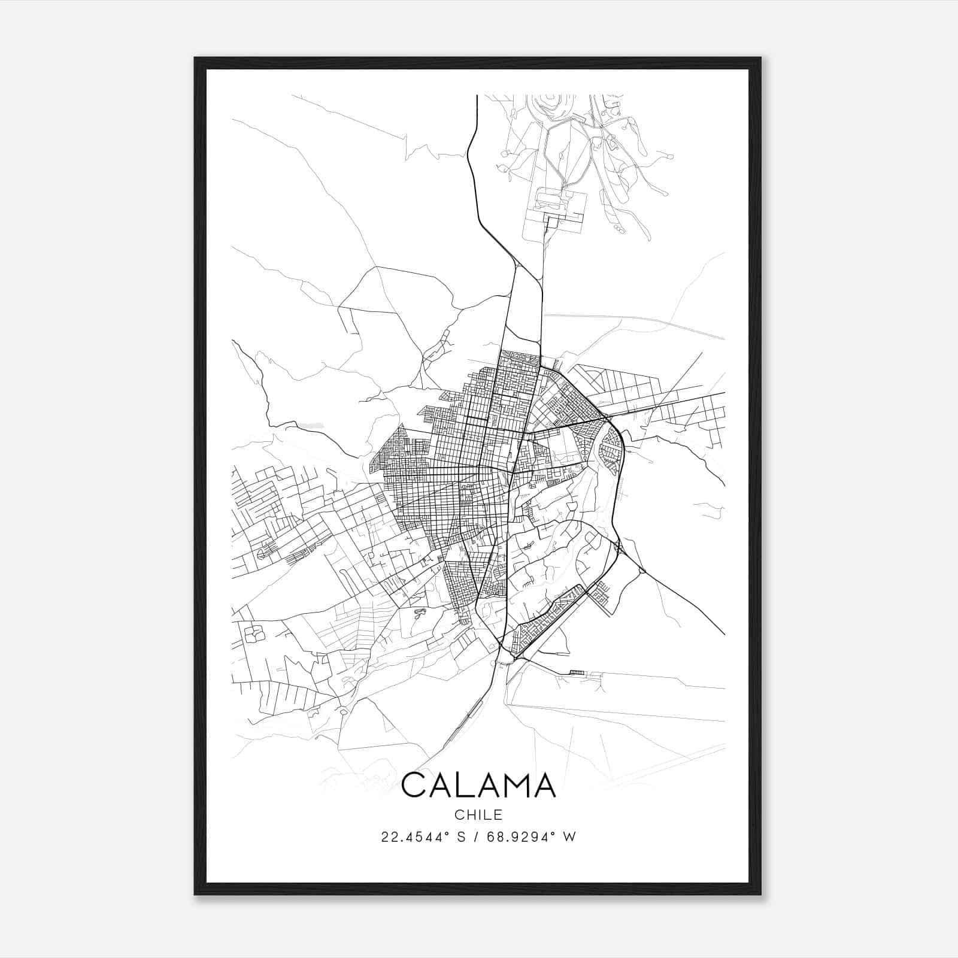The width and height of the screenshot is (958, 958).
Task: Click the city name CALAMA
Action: tap(478, 785)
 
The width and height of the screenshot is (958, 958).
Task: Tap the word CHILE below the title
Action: tap(478, 815)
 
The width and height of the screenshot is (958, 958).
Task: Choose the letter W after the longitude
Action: tap(570, 837)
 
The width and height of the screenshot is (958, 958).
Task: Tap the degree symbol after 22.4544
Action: tap(440, 833)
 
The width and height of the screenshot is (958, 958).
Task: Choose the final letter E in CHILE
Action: tap(498, 815)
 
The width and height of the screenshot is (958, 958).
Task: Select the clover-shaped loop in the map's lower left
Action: tap(254, 633)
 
